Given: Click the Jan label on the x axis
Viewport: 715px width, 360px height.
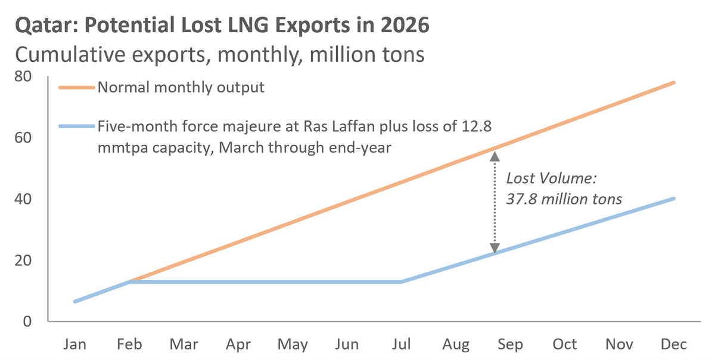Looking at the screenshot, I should coord(74,345).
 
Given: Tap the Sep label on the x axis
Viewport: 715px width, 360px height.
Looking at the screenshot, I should coord(510,345).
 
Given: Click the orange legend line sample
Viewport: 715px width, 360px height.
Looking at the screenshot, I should coord(76,88).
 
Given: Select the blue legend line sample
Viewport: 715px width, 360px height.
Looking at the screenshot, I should coord(76,126).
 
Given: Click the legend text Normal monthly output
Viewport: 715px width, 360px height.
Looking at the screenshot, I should coord(181,88).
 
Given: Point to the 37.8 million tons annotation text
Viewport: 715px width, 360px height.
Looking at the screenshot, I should coord(564,199).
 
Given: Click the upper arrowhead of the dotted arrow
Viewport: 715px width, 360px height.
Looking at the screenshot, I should coord(494,156).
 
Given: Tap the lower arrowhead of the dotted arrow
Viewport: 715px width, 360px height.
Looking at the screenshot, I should coord(494,249).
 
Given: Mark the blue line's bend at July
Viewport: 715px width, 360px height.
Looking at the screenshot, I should coord(402,282).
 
